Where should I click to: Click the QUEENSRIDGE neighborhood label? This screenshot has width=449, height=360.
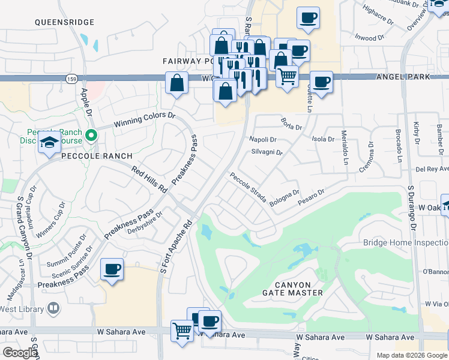pos(64,22)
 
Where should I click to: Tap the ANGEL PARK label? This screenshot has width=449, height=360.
pos(403,77)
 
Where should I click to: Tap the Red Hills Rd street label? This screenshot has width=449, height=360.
pos(149,179)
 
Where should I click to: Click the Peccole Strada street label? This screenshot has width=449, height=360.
pos(247,188)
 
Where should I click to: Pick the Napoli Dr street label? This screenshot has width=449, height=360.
pos(262,139)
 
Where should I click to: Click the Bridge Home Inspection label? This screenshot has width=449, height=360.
pos(405,242)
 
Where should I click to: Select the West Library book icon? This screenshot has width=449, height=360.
pos(53,308)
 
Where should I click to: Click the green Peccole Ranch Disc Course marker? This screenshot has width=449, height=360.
pos(91,136)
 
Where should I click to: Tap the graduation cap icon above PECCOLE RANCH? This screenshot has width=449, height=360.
pos(49,143)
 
